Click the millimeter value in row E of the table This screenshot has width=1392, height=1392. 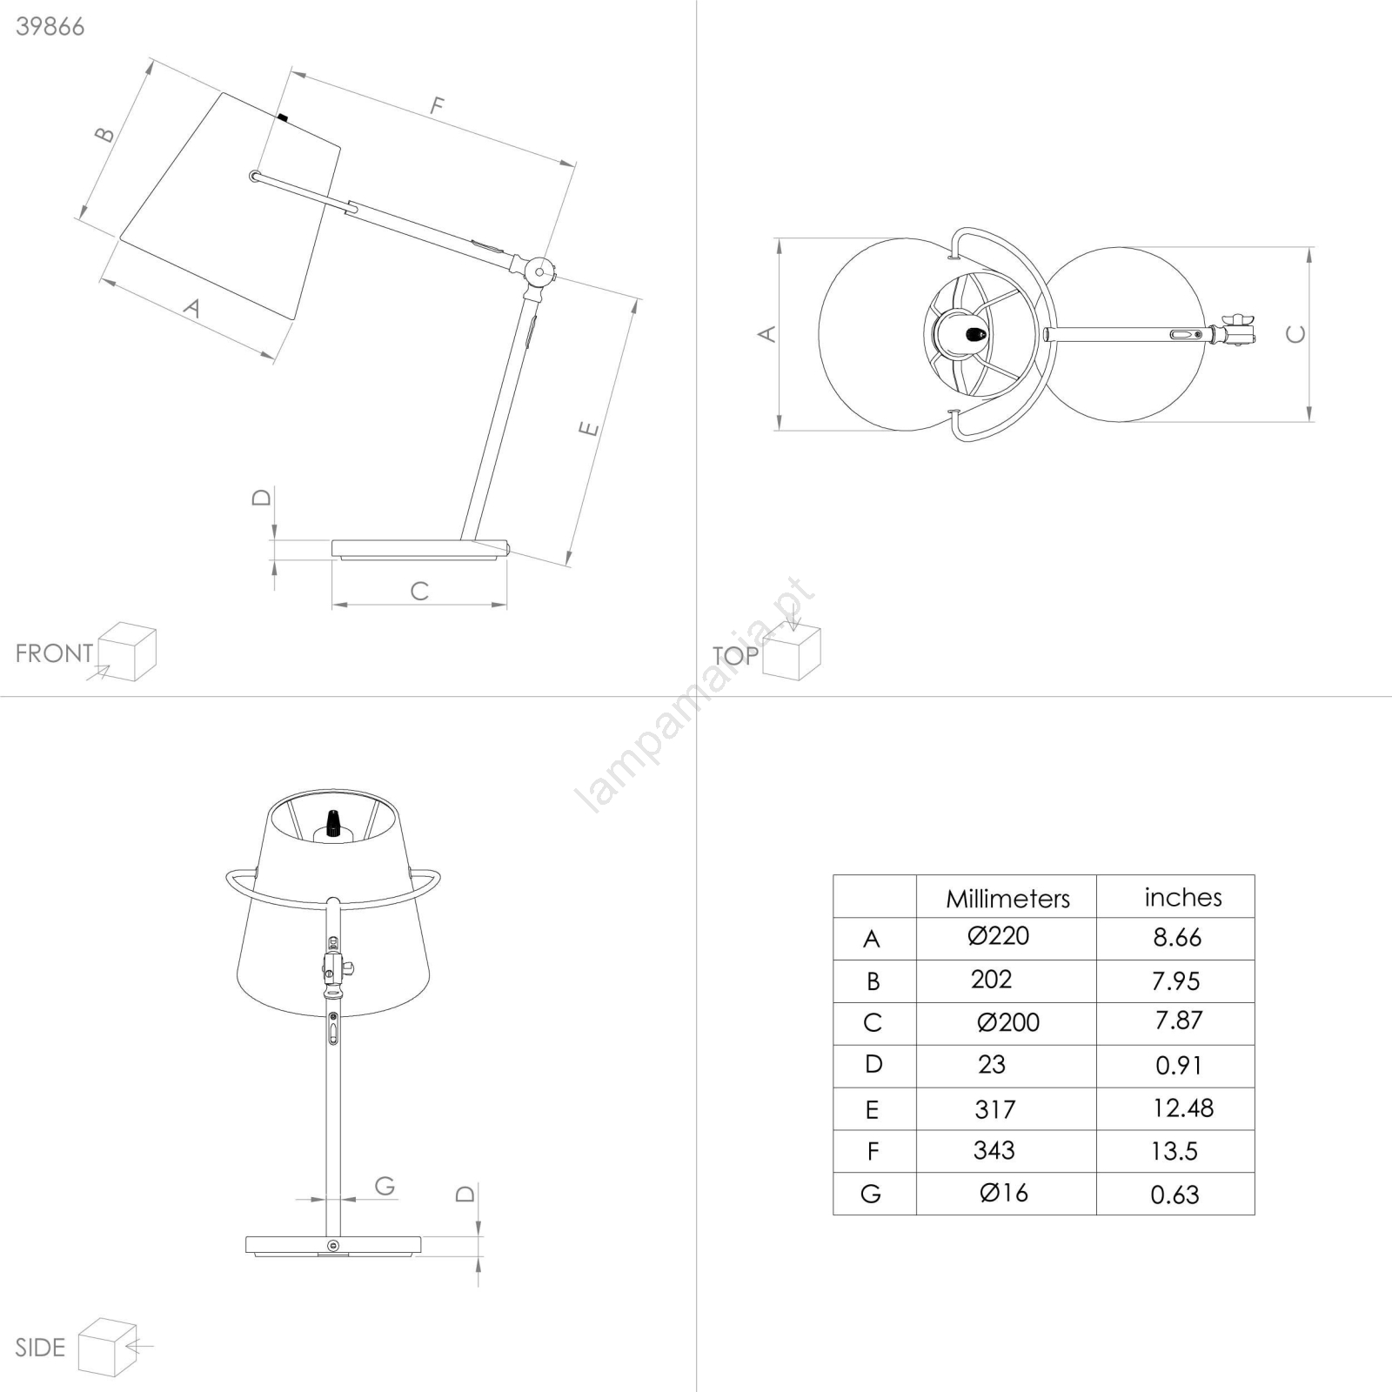tap(994, 1109)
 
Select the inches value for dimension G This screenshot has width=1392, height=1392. tap(1174, 1195)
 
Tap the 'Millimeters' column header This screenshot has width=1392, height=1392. tap(1007, 899)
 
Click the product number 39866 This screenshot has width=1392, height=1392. tap(50, 27)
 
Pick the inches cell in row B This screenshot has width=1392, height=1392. tap(1175, 980)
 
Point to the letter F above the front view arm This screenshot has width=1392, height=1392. tap(438, 106)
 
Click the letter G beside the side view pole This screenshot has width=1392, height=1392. tap(385, 1185)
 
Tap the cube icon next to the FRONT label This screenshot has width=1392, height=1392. tap(127, 652)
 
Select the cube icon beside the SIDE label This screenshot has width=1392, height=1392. tap(108, 1348)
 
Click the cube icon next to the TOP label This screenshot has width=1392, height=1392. tap(792, 652)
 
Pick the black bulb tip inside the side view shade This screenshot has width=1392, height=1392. tap(331, 823)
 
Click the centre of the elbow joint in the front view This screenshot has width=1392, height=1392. tap(539, 272)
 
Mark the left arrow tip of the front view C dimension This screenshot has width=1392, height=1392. tap(332, 604)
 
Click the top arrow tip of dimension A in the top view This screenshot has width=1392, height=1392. tap(779, 239)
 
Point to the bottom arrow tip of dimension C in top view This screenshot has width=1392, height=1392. tap(1309, 421)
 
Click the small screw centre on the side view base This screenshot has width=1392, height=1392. tap(333, 1246)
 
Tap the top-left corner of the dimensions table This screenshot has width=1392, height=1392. tap(833, 875)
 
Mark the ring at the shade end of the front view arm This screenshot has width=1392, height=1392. tap(254, 176)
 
